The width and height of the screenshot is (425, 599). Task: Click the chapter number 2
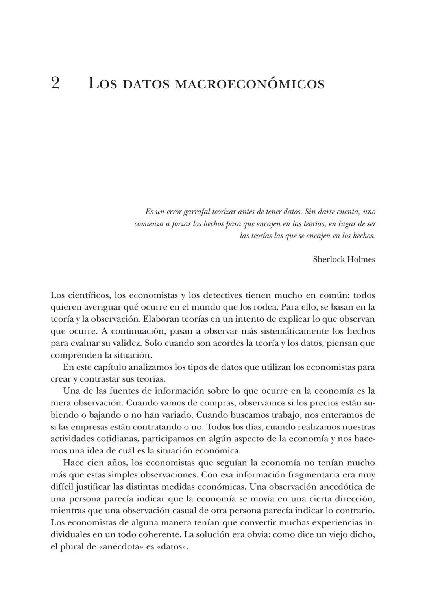(55, 83)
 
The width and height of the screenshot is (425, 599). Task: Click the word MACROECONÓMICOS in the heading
(249, 84)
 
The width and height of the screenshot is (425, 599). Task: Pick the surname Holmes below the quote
(361, 259)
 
